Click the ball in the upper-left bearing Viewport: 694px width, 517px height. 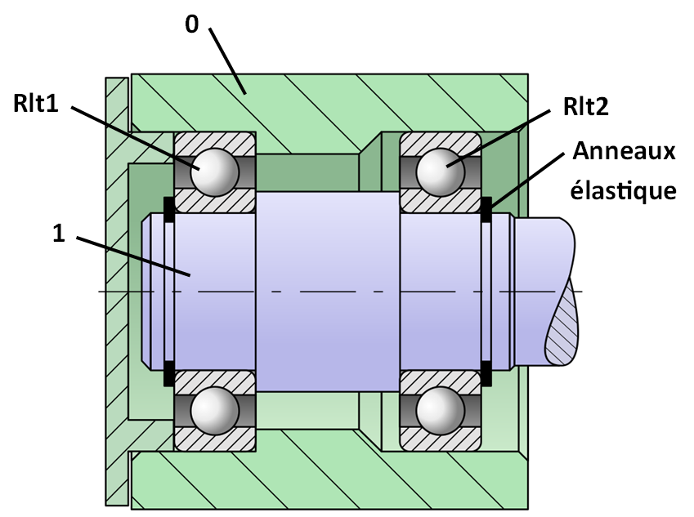pyautogui.click(x=215, y=172)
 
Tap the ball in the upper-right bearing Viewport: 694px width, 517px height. pyautogui.click(x=441, y=172)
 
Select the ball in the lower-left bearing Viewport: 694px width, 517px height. pyautogui.click(x=215, y=410)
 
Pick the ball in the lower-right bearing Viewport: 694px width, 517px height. pyautogui.click(x=441, y=410)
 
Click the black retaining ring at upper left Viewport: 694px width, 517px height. pyautogui.click(x=169, y=209)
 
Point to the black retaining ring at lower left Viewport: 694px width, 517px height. pyautogui.click(x=169, y=373)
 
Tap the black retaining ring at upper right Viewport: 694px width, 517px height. pyautogui.click(x=486, y=209)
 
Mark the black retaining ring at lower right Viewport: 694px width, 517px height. pyautogui.click(x=486, y=373)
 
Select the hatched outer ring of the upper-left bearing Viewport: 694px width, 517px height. pyautogui.click(x=215, y=143)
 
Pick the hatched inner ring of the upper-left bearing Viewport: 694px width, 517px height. pyautogui.click(x=215, y=202)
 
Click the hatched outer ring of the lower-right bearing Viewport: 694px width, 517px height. pyautogui.click(x=441, y=440)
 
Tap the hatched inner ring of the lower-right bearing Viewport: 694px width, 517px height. pyautogui.click(x=441, y=381)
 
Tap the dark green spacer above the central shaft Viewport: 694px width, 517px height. pyautogui.click(x=307, y=172)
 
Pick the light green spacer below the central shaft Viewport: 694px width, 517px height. pyautogui.click(x=307, y=410)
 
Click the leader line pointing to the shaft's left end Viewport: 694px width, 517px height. pyautogui.click(x=147, y=261)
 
